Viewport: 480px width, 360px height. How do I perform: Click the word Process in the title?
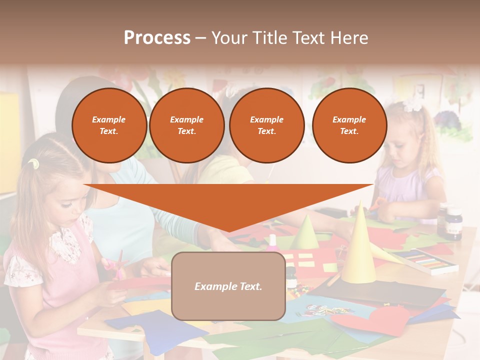coord(157,38)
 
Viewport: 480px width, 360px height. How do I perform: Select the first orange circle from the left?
coord(109,125)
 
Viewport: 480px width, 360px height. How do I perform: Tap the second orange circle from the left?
coord(187,125)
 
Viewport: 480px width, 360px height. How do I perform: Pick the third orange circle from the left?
coord(267,125)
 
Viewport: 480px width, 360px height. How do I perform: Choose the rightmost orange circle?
coord(349,125)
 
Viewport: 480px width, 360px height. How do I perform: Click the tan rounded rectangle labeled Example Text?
coord(228,286)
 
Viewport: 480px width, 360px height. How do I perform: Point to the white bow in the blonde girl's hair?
coord(413,104)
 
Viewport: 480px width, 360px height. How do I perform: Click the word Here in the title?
coord(350,38)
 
